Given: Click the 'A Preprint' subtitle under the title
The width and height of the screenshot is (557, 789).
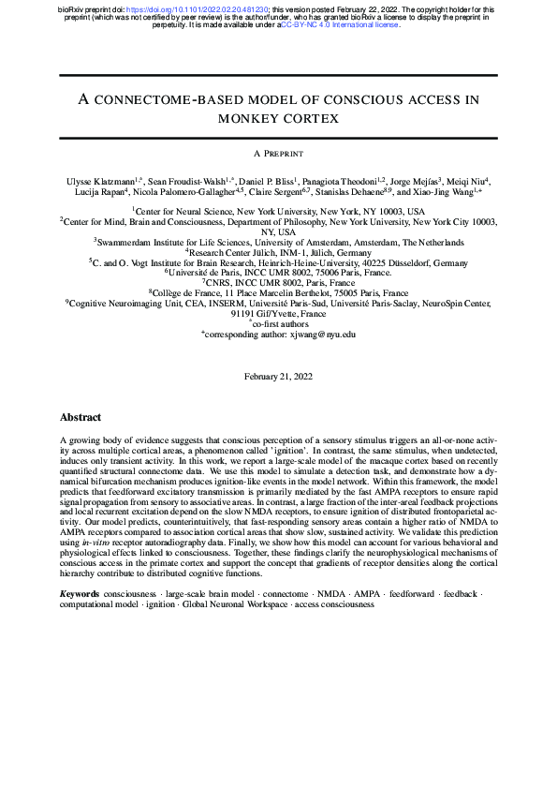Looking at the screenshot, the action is (278, 152).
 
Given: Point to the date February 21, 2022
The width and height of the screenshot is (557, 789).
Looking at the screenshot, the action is (278, 375).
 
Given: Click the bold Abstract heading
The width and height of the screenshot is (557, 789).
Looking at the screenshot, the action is (81, 417).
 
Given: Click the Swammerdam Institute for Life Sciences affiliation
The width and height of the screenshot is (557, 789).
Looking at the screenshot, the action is (278, 241).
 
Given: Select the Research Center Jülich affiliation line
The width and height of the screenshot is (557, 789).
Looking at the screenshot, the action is (278, 251).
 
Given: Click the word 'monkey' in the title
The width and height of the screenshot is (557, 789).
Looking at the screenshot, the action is (248, 119).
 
